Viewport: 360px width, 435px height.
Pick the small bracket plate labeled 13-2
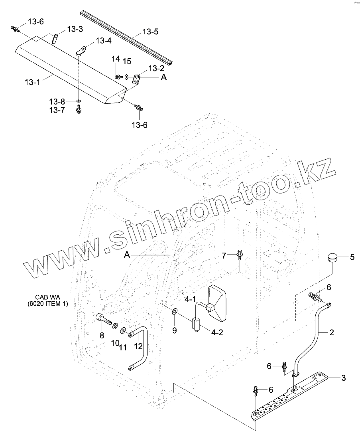(137, 79)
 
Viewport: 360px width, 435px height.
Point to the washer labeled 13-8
(79, 101)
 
